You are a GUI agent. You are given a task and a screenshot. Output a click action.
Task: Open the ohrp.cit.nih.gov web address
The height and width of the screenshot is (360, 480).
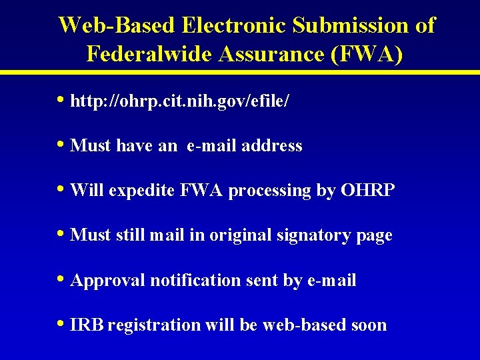point(179,101)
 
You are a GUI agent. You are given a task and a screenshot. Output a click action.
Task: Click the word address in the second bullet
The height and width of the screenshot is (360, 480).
point(273,145)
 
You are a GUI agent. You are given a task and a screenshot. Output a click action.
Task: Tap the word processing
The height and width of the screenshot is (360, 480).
point(270,191)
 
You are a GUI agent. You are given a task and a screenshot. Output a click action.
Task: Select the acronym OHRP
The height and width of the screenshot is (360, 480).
point(367,191)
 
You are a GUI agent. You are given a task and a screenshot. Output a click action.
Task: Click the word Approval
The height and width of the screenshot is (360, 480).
point(107,281)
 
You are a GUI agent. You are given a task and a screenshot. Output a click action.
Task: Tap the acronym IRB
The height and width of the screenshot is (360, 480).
point(87,325)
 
